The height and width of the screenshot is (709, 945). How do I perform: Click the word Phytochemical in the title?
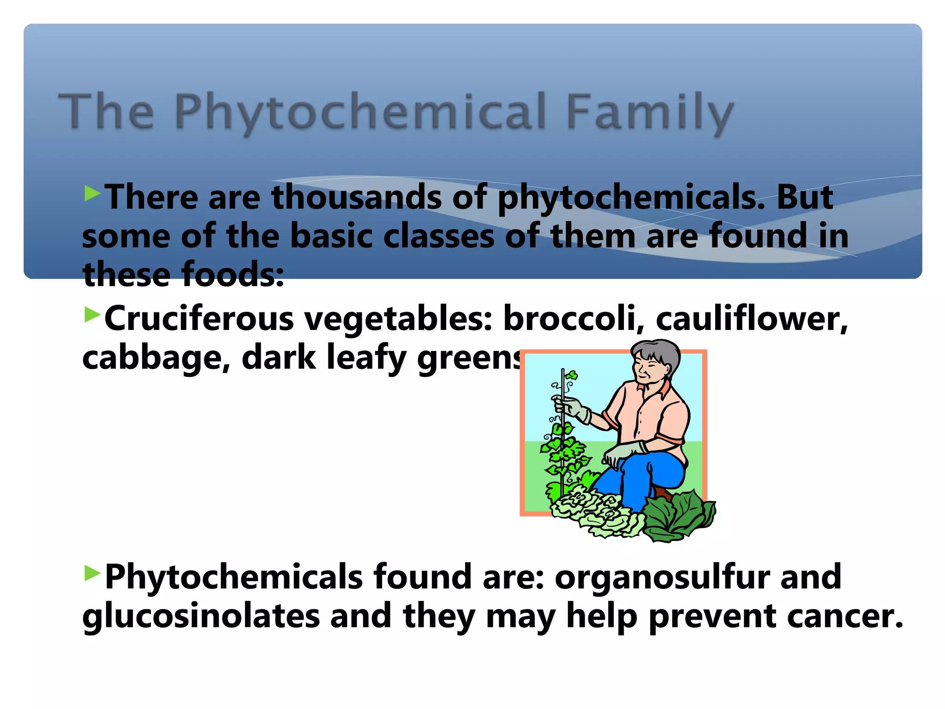[x=360, y=112]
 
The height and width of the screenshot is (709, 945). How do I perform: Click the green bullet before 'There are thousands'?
[x=92, y=193]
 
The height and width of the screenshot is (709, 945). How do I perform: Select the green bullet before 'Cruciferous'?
[x=92, y=315]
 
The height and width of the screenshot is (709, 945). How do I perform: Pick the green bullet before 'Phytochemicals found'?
[x=92, y=573]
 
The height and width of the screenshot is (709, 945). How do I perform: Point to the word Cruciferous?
[x=199, y=319]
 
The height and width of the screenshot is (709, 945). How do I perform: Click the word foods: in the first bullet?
[x=233, y=275]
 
